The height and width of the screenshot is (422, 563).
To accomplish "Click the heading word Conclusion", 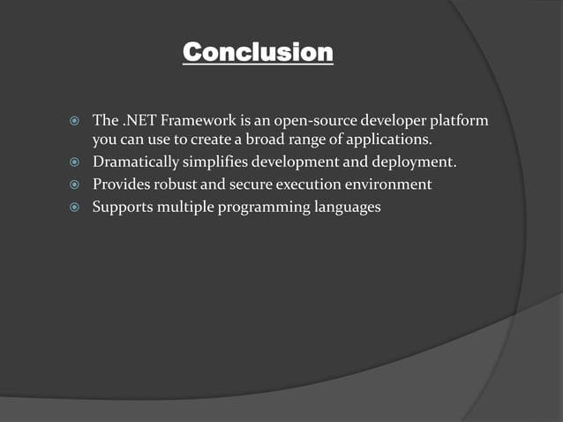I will click(258, 53).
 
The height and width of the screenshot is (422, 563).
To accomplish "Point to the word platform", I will click(459, 119).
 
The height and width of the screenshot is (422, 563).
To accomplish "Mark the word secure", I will click(258, 185).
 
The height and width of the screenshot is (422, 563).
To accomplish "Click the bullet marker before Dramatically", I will click(75, 162).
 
